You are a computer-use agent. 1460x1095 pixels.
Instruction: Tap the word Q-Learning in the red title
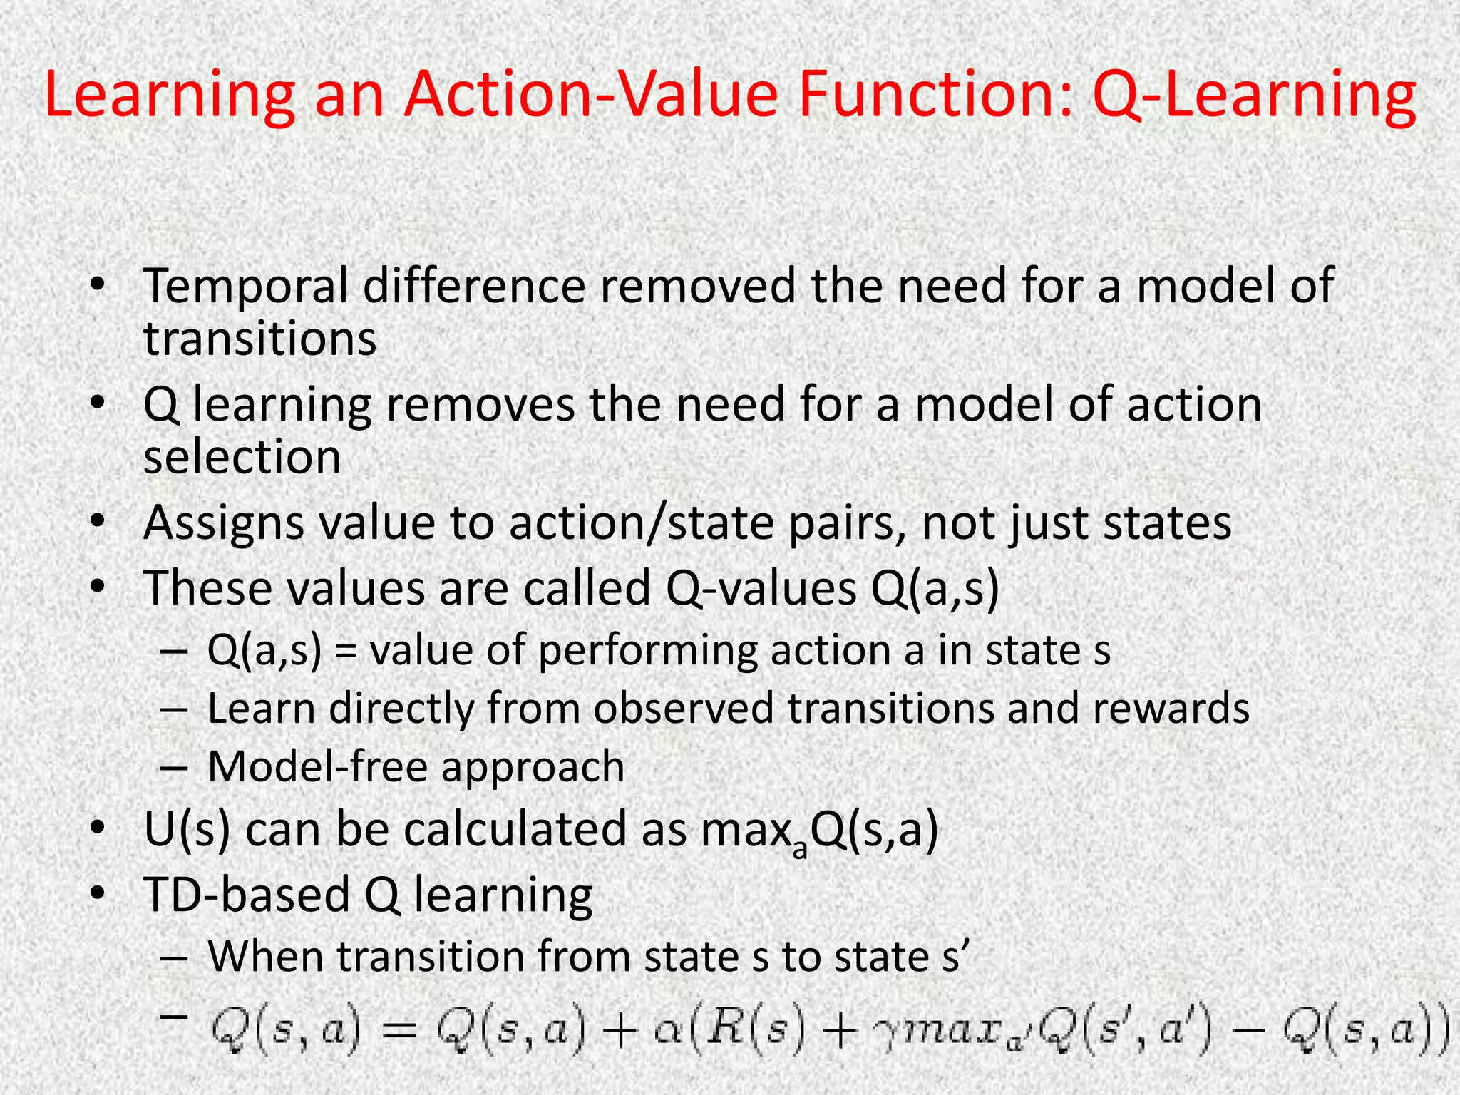1254,96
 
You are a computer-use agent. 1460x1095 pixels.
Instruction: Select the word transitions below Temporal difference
260,339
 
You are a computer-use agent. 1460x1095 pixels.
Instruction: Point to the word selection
242,457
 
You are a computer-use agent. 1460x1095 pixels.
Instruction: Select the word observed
684,709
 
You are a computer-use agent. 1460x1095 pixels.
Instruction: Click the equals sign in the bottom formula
398,1031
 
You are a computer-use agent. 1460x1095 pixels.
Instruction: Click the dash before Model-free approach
174,768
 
